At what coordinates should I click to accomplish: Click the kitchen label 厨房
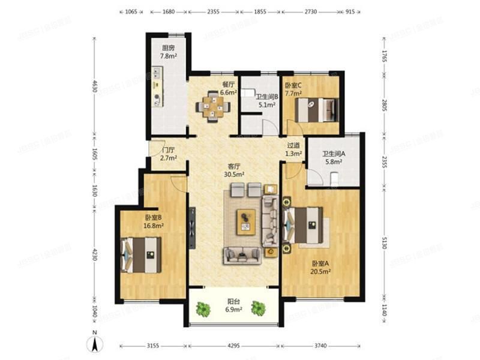click(x=168, y=48)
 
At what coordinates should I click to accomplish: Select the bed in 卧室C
click(x=319, y=110)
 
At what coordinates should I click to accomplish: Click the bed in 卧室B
click(x=142, y=254)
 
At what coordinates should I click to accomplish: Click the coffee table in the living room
click(x=245, y=220)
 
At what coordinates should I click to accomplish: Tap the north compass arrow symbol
click(x=93, y=344)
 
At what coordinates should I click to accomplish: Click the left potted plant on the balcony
click(x=203, y=309)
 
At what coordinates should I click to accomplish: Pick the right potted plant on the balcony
click(x=258, y=308)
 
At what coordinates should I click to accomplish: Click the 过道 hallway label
click(x=293, y=145)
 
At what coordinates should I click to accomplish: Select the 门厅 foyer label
click(x=168, y=150)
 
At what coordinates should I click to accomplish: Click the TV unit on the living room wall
click(x=191, y=227)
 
